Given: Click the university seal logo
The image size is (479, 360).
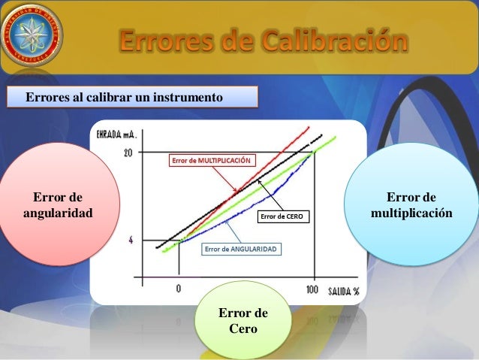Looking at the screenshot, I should [x=32, y=33].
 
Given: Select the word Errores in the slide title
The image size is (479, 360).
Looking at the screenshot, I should [x=169, y=43].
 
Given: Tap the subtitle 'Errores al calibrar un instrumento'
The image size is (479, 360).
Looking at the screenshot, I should [x=125, y=98].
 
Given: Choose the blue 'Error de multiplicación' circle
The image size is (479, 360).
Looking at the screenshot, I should [x=411, y=205].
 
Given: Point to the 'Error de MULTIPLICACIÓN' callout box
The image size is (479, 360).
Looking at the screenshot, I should [x=212, y=160].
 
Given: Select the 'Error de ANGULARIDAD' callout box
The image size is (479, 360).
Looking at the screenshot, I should [x=240, y=249].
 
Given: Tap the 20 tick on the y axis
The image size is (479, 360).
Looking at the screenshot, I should [x=128, y=153].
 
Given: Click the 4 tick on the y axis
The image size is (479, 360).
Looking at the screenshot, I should [x=131, y=241].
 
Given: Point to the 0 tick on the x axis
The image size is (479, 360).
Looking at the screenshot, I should [x=179, y=289].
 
